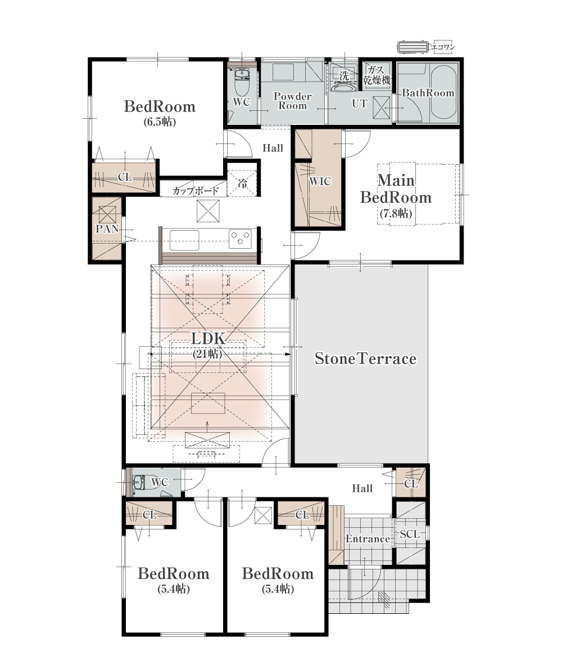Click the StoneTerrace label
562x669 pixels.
[365, 358]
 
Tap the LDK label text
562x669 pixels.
[208, 338]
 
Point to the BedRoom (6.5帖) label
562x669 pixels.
[160, 113]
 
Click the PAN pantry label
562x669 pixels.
[107, 228]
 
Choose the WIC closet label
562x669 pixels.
[320, 181]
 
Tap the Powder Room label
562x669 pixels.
[292, 101]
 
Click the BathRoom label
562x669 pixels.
[428, 93]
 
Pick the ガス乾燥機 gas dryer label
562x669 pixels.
[377, 75]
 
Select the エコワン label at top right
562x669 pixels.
[443, 47]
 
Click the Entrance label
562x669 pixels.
[368, 539]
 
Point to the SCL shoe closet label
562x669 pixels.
[410, 534]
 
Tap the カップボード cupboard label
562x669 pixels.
[196, 191]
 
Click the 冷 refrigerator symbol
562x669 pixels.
[242, 184]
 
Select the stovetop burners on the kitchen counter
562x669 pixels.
[241, 239]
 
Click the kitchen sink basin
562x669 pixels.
[184, 240]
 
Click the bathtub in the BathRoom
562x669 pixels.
[443, 92]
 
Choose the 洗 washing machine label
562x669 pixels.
[343, 75]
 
